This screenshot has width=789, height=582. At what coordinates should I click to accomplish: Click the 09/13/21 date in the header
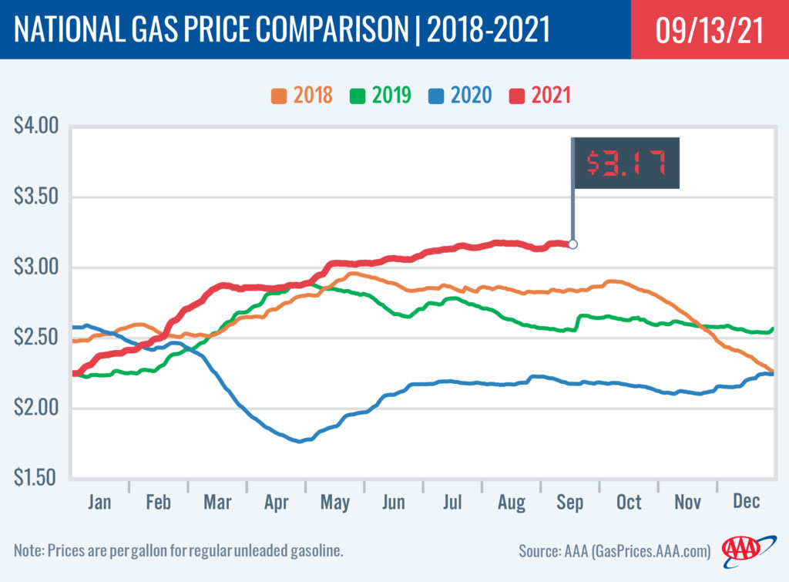tap(710, 30)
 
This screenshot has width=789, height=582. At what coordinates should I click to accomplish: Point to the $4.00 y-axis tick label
tap(37, 126)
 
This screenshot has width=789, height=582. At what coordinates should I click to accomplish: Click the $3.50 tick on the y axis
tap(37, 197)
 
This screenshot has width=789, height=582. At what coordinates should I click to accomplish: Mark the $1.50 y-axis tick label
tap(37, 478)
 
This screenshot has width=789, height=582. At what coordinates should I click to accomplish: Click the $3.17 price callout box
tap(626, 162)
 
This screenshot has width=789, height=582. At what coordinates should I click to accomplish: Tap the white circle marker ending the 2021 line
tap(572, 244)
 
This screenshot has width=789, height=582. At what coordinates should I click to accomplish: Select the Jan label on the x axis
tap(99, 503)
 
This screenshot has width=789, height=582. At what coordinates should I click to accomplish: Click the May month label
tap(334, 503)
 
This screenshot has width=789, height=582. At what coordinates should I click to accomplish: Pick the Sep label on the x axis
tap(569, 503)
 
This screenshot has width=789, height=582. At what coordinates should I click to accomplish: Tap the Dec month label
tap(746, 503)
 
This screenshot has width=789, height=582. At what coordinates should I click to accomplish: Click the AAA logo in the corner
tap(740, 549)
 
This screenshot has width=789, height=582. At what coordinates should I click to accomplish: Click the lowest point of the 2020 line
tap(299, 441)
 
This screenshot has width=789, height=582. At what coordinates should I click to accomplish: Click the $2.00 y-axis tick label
tap(37, 408)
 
